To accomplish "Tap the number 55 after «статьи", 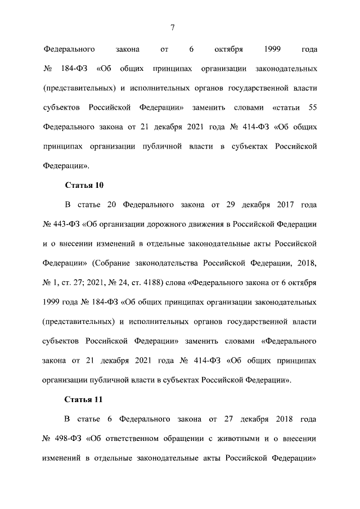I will (312, 107).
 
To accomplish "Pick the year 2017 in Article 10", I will (278, 205).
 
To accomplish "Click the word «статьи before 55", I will (283, 107).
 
